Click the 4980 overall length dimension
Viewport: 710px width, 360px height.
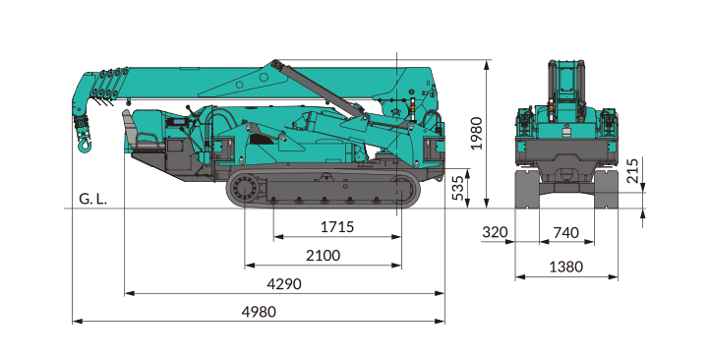[259, 312]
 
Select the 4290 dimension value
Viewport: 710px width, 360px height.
[284, 284]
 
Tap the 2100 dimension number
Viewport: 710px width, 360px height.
[323, 256]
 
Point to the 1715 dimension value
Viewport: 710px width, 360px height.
[337, 227]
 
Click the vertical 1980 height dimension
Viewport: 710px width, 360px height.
[476, 133]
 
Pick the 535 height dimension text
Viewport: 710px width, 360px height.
[458, 189]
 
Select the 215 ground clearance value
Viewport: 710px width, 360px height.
[632, 170]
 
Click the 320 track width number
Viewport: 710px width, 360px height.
[495, 232]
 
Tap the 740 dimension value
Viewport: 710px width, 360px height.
[566, 233]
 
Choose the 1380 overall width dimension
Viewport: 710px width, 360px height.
[566, 267]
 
